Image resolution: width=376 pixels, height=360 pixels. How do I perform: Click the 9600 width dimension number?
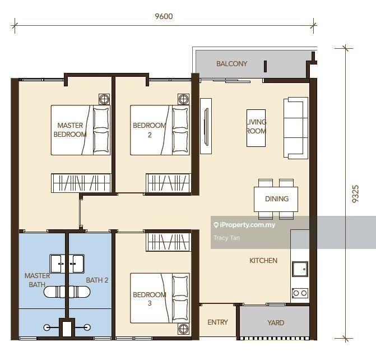click(164, 16)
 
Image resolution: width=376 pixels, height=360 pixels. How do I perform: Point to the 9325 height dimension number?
click(355, 194)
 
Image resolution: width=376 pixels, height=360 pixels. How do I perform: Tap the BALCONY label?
click(231, 63)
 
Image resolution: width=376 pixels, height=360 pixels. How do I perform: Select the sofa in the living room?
click(296, 128)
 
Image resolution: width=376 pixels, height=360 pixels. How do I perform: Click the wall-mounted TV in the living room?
click(206, 126)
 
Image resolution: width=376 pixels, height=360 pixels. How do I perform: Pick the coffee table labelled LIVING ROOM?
click(256, 128)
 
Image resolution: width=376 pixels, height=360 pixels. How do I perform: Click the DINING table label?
click(277, 199)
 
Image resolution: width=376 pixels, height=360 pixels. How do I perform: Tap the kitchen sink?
click(300, 269)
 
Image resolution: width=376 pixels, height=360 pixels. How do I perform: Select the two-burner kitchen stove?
click(300, 293)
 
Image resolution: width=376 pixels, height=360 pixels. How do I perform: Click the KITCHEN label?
click(263, 261)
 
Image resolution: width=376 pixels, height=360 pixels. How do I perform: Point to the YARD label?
click(276, 323)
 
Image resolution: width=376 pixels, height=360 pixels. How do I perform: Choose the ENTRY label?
click(218, 322)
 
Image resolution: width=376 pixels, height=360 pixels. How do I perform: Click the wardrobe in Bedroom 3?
click(169, 242)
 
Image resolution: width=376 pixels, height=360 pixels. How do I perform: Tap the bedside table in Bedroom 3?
click(183, 329)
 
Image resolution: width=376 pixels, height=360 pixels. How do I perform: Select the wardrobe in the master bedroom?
click(81, 183)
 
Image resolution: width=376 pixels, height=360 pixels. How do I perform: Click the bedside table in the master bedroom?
click(104, 99)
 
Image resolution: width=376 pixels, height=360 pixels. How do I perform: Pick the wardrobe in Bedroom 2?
click(169, 183)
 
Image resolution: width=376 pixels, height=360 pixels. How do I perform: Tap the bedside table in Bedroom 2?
click(183, 99)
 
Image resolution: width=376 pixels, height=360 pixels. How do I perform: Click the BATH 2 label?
click(97, 280)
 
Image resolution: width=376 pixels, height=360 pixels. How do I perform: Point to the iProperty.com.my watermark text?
click(244, 225)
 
